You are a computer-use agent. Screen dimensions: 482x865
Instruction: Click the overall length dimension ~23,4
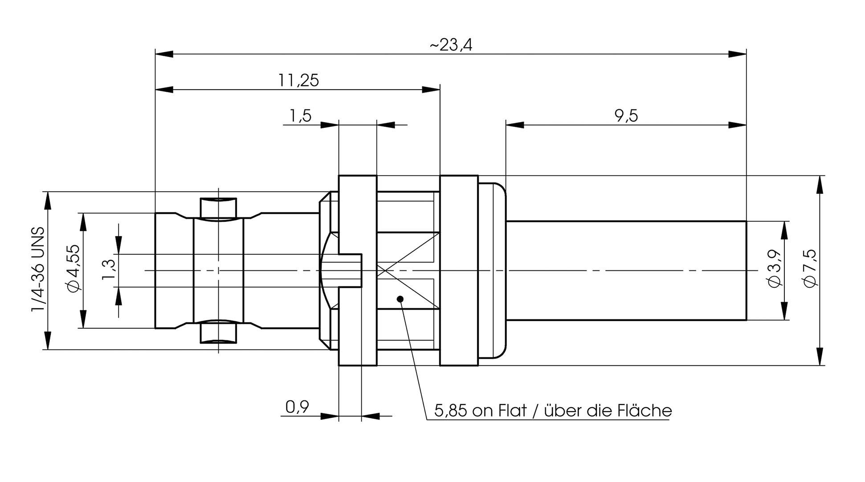451,45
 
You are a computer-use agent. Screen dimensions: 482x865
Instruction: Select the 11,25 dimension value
298,81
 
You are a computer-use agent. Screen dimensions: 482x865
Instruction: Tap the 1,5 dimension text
300,116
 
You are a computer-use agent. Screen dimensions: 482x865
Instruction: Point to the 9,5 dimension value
626,116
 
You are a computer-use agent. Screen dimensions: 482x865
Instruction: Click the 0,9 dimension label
297,407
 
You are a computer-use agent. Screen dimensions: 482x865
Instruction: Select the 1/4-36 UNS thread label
38,270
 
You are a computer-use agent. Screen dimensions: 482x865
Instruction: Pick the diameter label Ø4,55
74,269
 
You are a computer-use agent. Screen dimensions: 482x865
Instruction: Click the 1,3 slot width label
109,270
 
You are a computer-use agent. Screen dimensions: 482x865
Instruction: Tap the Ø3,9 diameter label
775,269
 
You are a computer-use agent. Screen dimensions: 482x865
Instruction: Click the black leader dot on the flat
400,299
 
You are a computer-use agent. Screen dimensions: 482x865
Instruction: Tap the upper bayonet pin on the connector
218,208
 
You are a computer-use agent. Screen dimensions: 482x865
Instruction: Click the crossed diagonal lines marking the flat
408,270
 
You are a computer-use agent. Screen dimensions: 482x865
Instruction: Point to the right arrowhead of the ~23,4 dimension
738,54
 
